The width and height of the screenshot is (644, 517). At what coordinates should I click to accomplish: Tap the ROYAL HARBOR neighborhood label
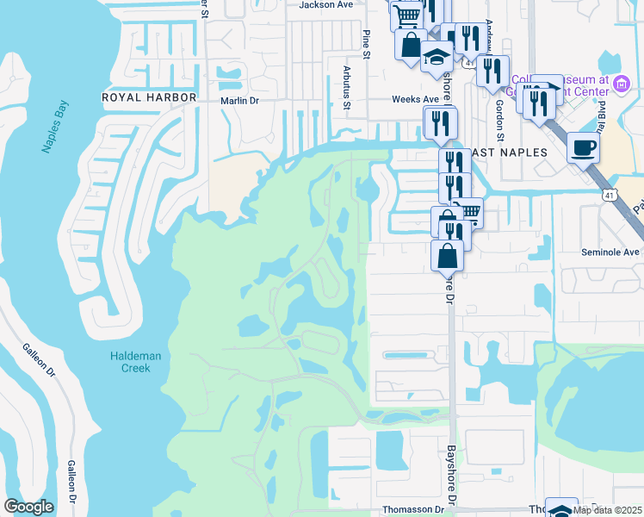point(150,97)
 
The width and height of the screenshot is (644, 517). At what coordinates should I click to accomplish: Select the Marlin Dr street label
point(240,101)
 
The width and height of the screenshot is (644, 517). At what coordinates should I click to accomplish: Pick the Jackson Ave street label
point(326,4)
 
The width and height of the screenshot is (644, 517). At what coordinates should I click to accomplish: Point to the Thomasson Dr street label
point(414,509)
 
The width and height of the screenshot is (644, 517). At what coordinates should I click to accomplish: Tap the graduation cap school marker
point(437,58)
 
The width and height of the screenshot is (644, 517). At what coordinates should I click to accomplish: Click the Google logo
point(28,507)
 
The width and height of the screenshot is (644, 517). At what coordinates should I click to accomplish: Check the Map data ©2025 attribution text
point(607,510)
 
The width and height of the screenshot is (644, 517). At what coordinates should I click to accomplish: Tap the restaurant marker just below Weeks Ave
point(440,123)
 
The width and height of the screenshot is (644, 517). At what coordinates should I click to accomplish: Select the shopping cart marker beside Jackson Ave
point(407,16)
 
